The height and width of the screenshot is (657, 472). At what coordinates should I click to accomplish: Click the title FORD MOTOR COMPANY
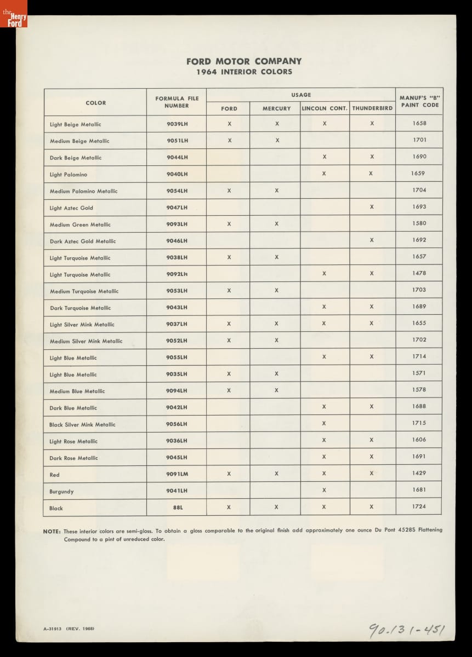click(x=243, y=61)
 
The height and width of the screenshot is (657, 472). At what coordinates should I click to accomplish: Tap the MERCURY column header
click(x=276, y=108)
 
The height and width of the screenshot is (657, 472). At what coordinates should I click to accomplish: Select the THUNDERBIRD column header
click(x=372, y=108)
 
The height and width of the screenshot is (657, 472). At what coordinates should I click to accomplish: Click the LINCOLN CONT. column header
click(x=325, y=108)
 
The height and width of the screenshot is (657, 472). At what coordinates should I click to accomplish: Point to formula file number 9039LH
click(x=177, y=124)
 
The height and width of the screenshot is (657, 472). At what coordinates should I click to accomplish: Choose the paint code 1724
click(x=419, y=506)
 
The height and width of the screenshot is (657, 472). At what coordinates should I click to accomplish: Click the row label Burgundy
click(x=61, y=492)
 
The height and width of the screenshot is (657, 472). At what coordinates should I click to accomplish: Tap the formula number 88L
click(x=177, y=508)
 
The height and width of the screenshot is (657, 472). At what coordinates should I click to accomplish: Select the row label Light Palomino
click(x=68, y=175)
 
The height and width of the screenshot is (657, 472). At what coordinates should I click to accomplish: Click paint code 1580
click(x=419, y=223)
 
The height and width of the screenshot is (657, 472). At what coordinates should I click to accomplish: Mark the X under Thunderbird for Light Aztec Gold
click(x=372, y=207)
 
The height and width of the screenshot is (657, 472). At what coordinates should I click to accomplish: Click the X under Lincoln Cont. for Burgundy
click(x=324, y=490)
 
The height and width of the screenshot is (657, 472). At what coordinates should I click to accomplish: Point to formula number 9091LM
click(x=177, y=474)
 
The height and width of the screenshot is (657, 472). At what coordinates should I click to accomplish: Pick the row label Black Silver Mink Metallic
click(x=82, y=425)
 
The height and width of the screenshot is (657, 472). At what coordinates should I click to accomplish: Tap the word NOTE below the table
click(x=52, y=531)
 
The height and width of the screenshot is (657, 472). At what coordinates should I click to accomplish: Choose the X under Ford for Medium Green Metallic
click(x=229, y=223)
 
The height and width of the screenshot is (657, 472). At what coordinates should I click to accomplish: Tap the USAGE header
click(x=300, y=95)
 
